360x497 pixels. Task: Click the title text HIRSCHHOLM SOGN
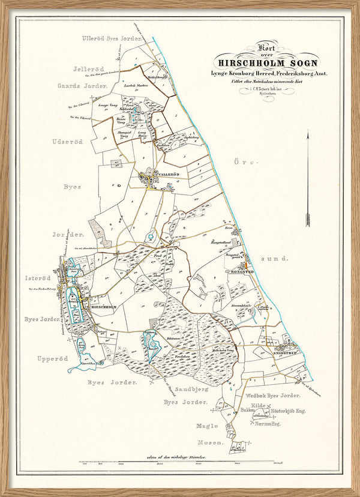tap(268, 62)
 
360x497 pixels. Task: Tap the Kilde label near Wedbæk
tap(258, 406)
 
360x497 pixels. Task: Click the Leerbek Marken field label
tap(136, 86)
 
